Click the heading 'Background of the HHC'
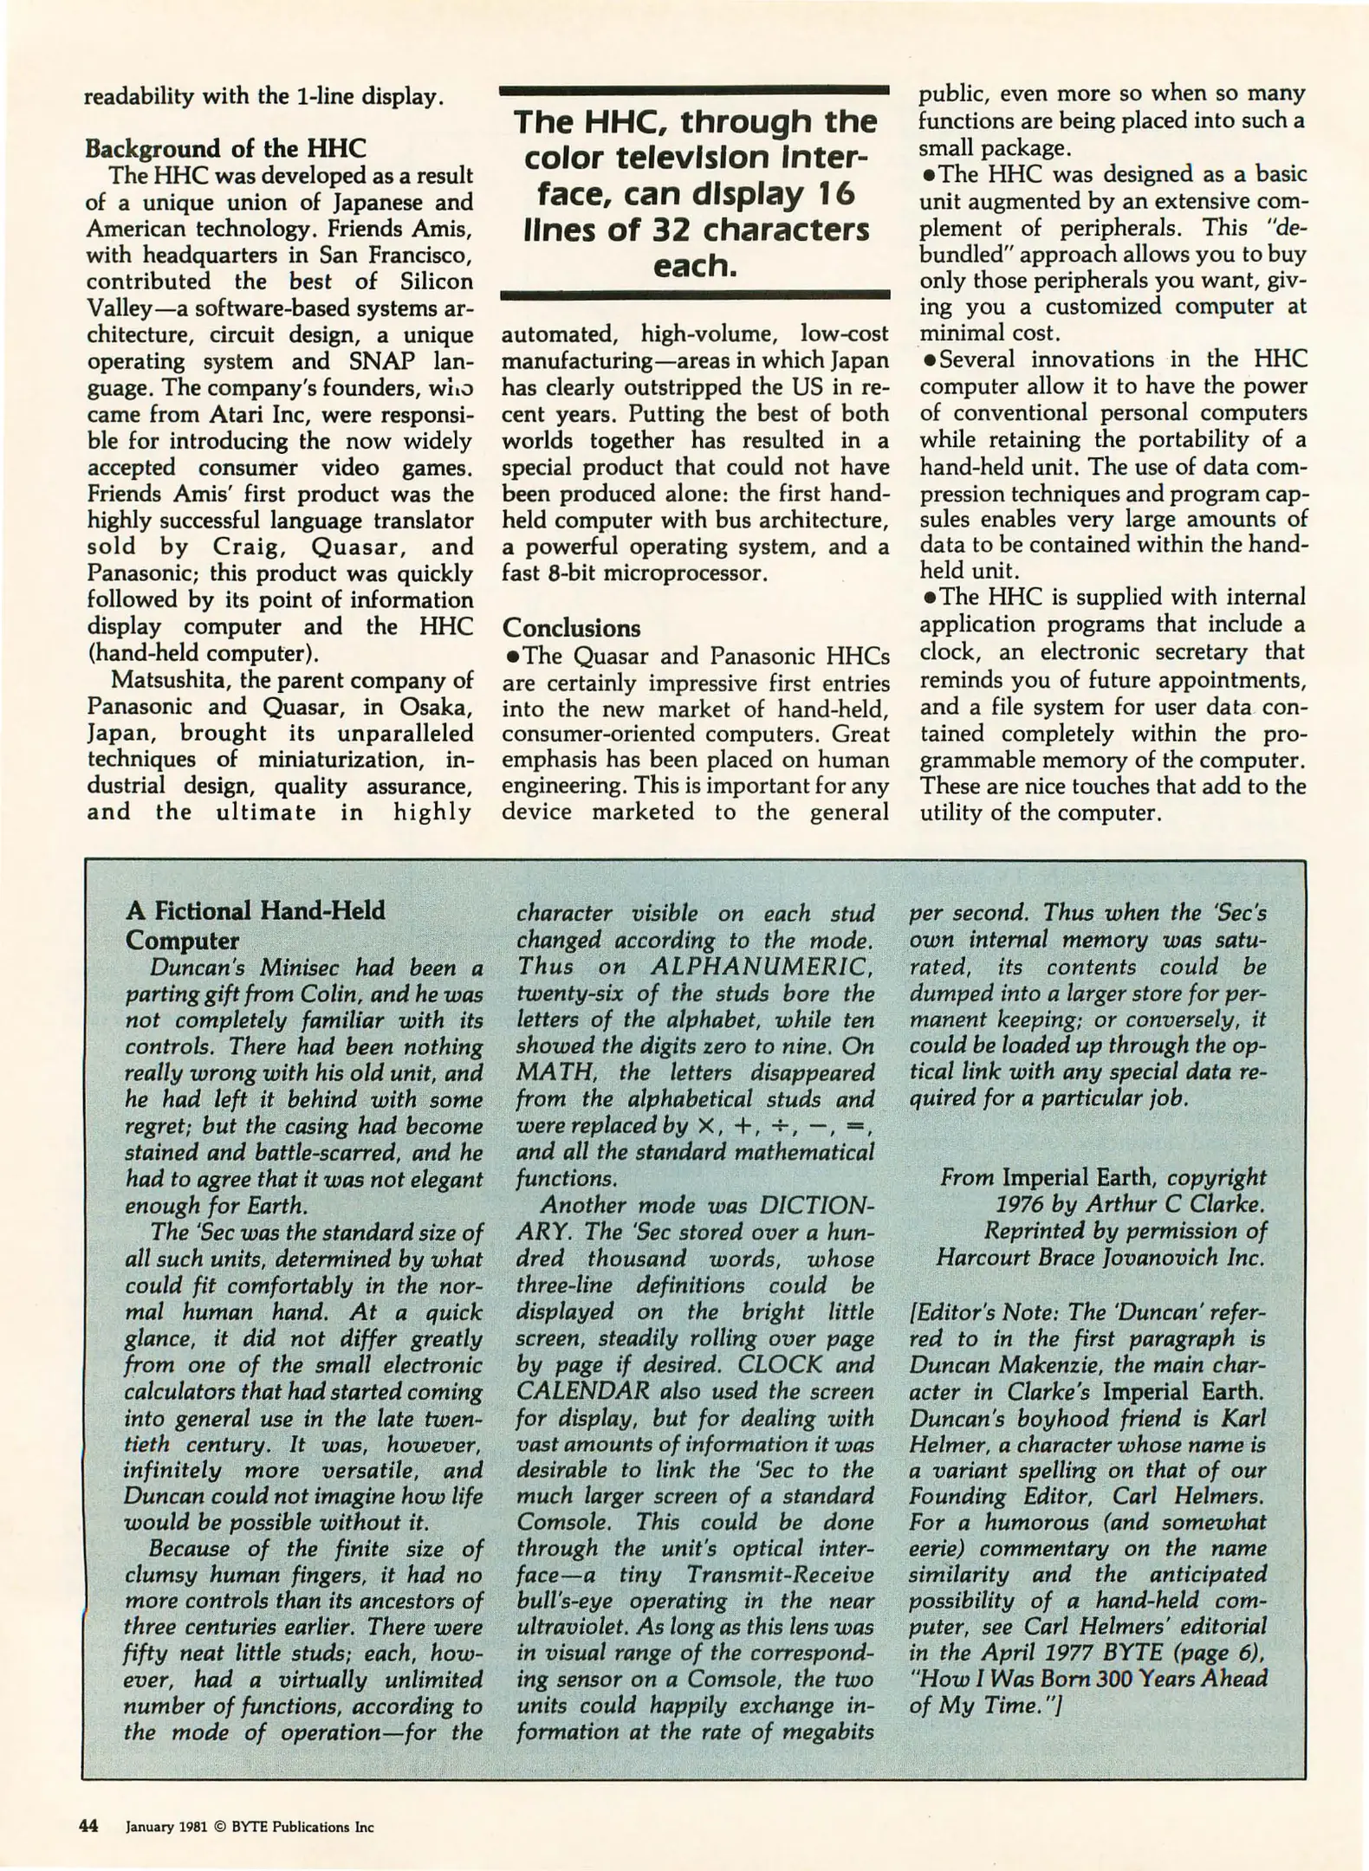tap(224, 148)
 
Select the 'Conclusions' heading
tap(571, 627)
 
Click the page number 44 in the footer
tap(88, 1827)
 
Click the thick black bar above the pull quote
tap(695, 89)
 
